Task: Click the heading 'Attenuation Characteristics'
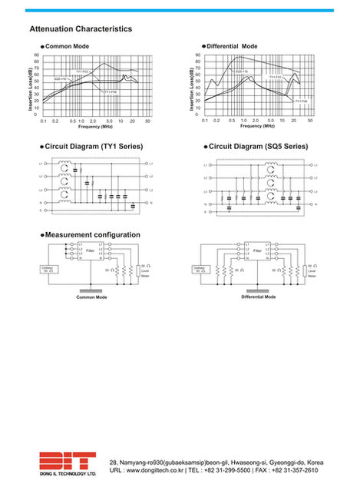pos(81,29)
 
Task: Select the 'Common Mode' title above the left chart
pos(68,47)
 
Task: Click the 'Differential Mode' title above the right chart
pos(233,46)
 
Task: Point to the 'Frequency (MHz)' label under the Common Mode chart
pos(95,126)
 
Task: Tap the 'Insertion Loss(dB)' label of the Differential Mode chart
pos(191,87)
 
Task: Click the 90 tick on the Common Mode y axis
pos(37,55)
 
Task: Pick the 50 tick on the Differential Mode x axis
pos(310,121)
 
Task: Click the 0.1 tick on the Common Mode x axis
pos(44,121)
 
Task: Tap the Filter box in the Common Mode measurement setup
pos(91,251)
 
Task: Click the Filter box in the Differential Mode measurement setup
pos(257,251)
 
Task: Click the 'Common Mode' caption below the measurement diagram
pos(91,297)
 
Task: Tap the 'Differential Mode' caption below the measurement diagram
pos(258,297)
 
